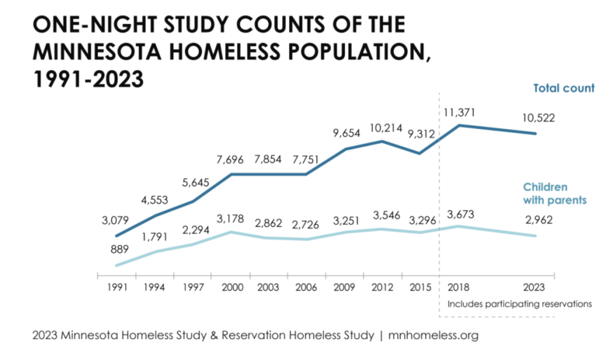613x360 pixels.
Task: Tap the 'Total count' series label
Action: (564, 89)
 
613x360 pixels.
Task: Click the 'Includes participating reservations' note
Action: (520, 304)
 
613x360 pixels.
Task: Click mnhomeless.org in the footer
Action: (433, 336)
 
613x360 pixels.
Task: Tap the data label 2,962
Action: (536, 220)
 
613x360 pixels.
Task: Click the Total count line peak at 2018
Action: (460, 125)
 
